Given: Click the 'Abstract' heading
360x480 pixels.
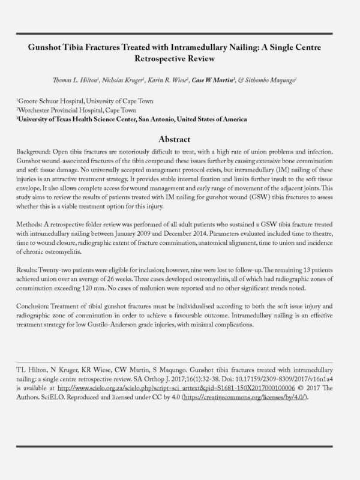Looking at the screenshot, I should [x=179, y=137].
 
